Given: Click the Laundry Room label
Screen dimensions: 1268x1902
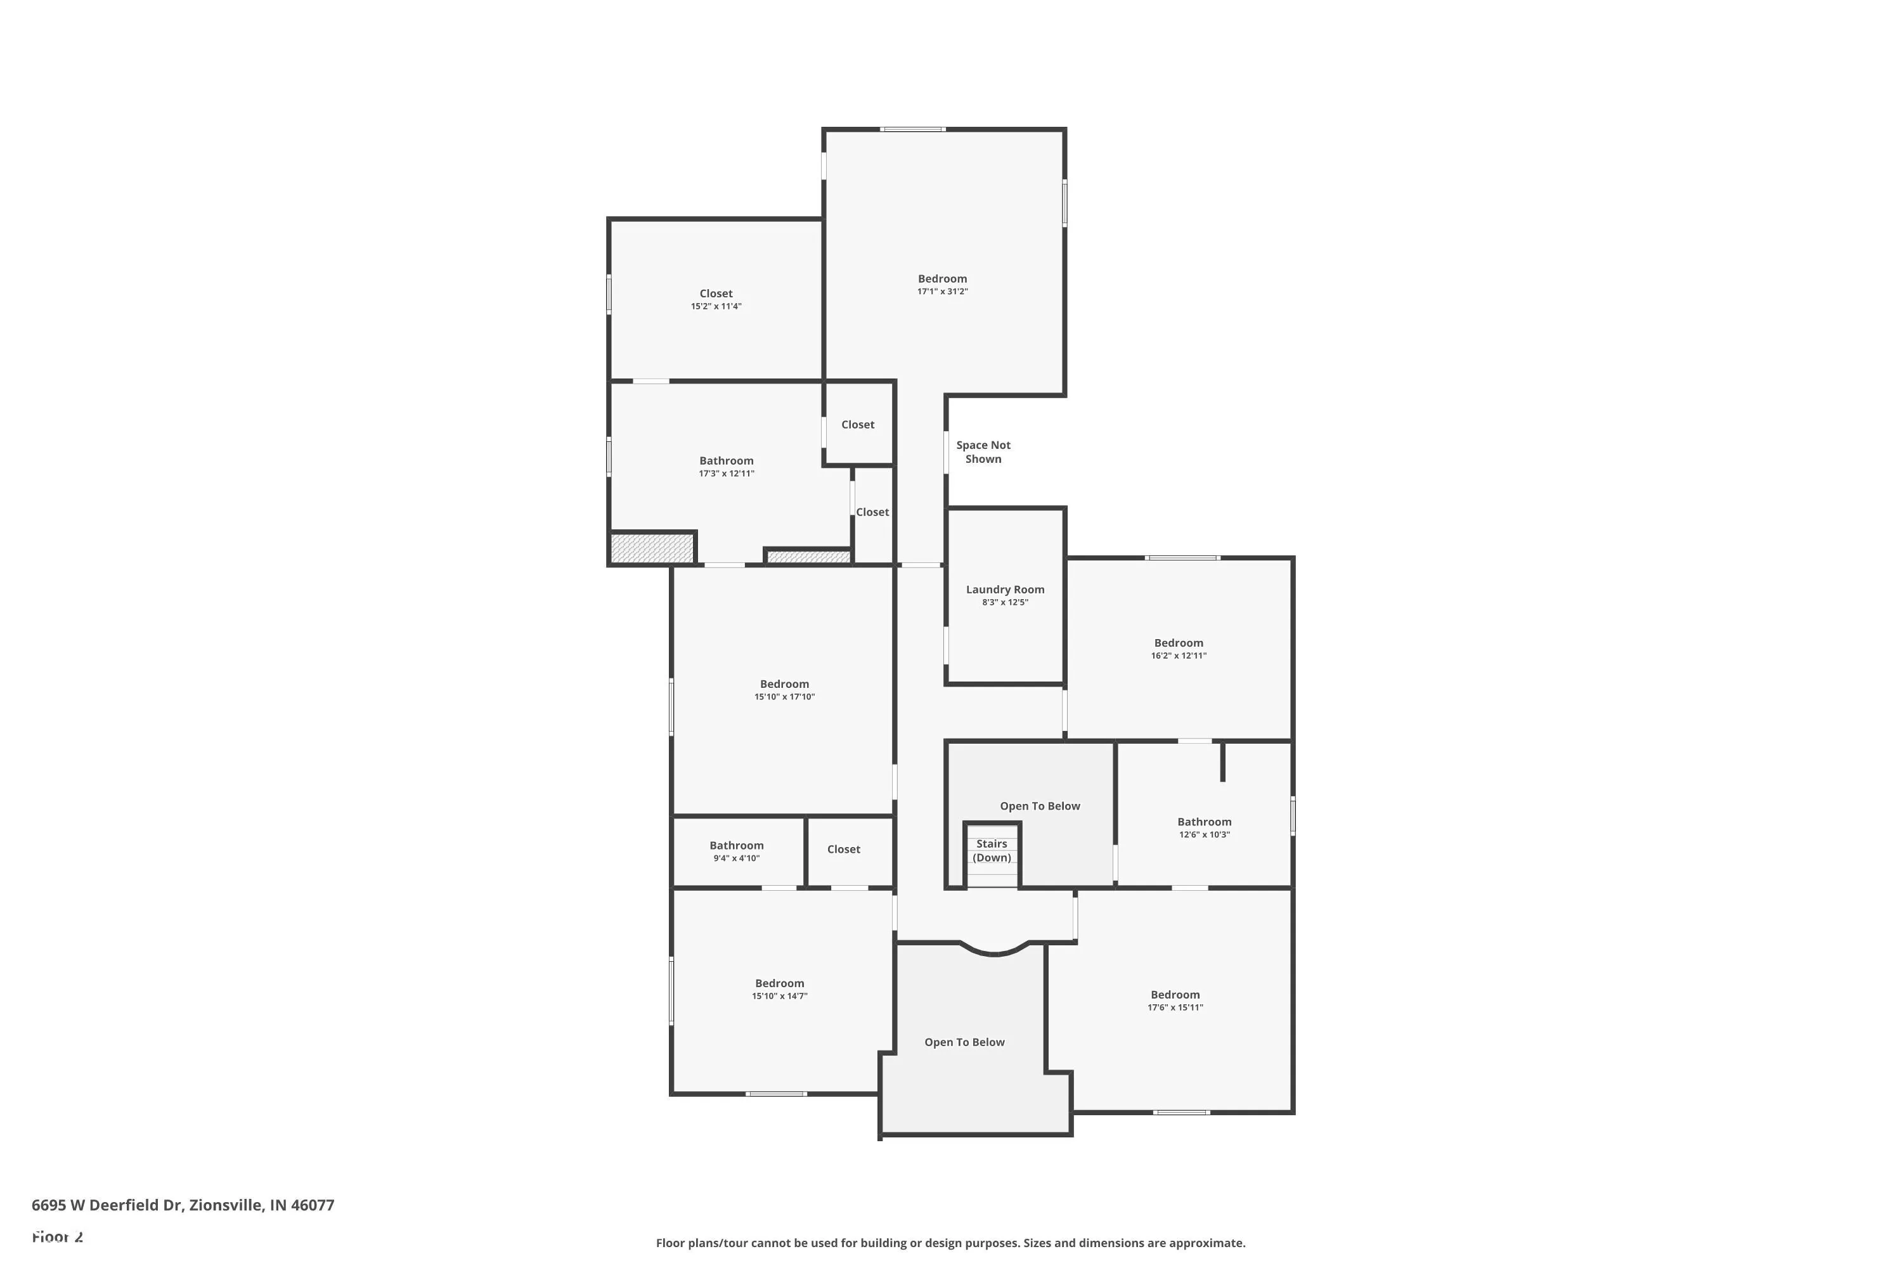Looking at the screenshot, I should pos(1004,590).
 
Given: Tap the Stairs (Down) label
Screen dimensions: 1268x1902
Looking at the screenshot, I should pos(992,851).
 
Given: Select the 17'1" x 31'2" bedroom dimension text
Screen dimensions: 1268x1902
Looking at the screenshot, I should pos(942,292).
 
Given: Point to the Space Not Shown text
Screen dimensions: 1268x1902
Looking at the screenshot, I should pos(983,452).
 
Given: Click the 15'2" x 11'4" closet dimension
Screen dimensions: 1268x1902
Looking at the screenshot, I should pos(716,306).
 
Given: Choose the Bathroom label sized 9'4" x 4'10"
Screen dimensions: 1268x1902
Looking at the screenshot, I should pos(736,846).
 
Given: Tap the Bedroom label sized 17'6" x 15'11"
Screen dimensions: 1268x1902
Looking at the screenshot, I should pos(1175,995).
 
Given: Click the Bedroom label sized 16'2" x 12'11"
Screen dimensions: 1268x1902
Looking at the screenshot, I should pos(1178,643).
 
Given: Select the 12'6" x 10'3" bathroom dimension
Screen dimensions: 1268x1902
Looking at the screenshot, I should pos(1204,834).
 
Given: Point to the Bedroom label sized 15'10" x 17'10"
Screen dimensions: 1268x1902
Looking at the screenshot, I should pos(784,684).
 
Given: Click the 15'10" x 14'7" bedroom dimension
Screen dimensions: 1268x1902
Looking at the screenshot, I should pos(779,996).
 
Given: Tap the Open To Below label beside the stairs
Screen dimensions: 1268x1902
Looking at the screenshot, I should pos(1039,806).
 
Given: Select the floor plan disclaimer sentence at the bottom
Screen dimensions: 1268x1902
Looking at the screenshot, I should pos(950,1243).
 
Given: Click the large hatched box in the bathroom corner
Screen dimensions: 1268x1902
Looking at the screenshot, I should pos(652,548).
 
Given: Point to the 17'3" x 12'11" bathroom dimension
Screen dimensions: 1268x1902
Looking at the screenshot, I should pos(726,474).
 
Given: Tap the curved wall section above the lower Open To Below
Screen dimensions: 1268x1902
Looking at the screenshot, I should pos(994,952).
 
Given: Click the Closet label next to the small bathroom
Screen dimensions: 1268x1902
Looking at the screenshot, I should pos(843,849).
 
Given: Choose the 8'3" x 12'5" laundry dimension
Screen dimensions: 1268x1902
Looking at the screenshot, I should pos(1004,602).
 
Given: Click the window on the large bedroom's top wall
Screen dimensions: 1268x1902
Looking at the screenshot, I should pos(912,129).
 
